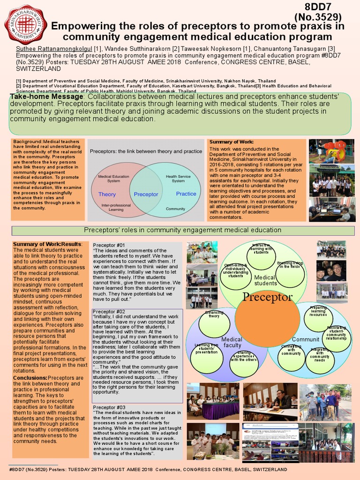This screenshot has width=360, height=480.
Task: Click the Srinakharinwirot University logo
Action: [24, 24]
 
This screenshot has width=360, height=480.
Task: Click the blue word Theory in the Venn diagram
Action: [107, 194]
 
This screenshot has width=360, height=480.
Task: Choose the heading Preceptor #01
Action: [109, 245]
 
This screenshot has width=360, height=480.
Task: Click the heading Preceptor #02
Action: [108, 312]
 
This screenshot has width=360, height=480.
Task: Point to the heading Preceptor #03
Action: [109, 407]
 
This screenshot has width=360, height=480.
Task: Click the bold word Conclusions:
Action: [30, 378]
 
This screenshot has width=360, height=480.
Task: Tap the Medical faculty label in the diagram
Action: [232, 342]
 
